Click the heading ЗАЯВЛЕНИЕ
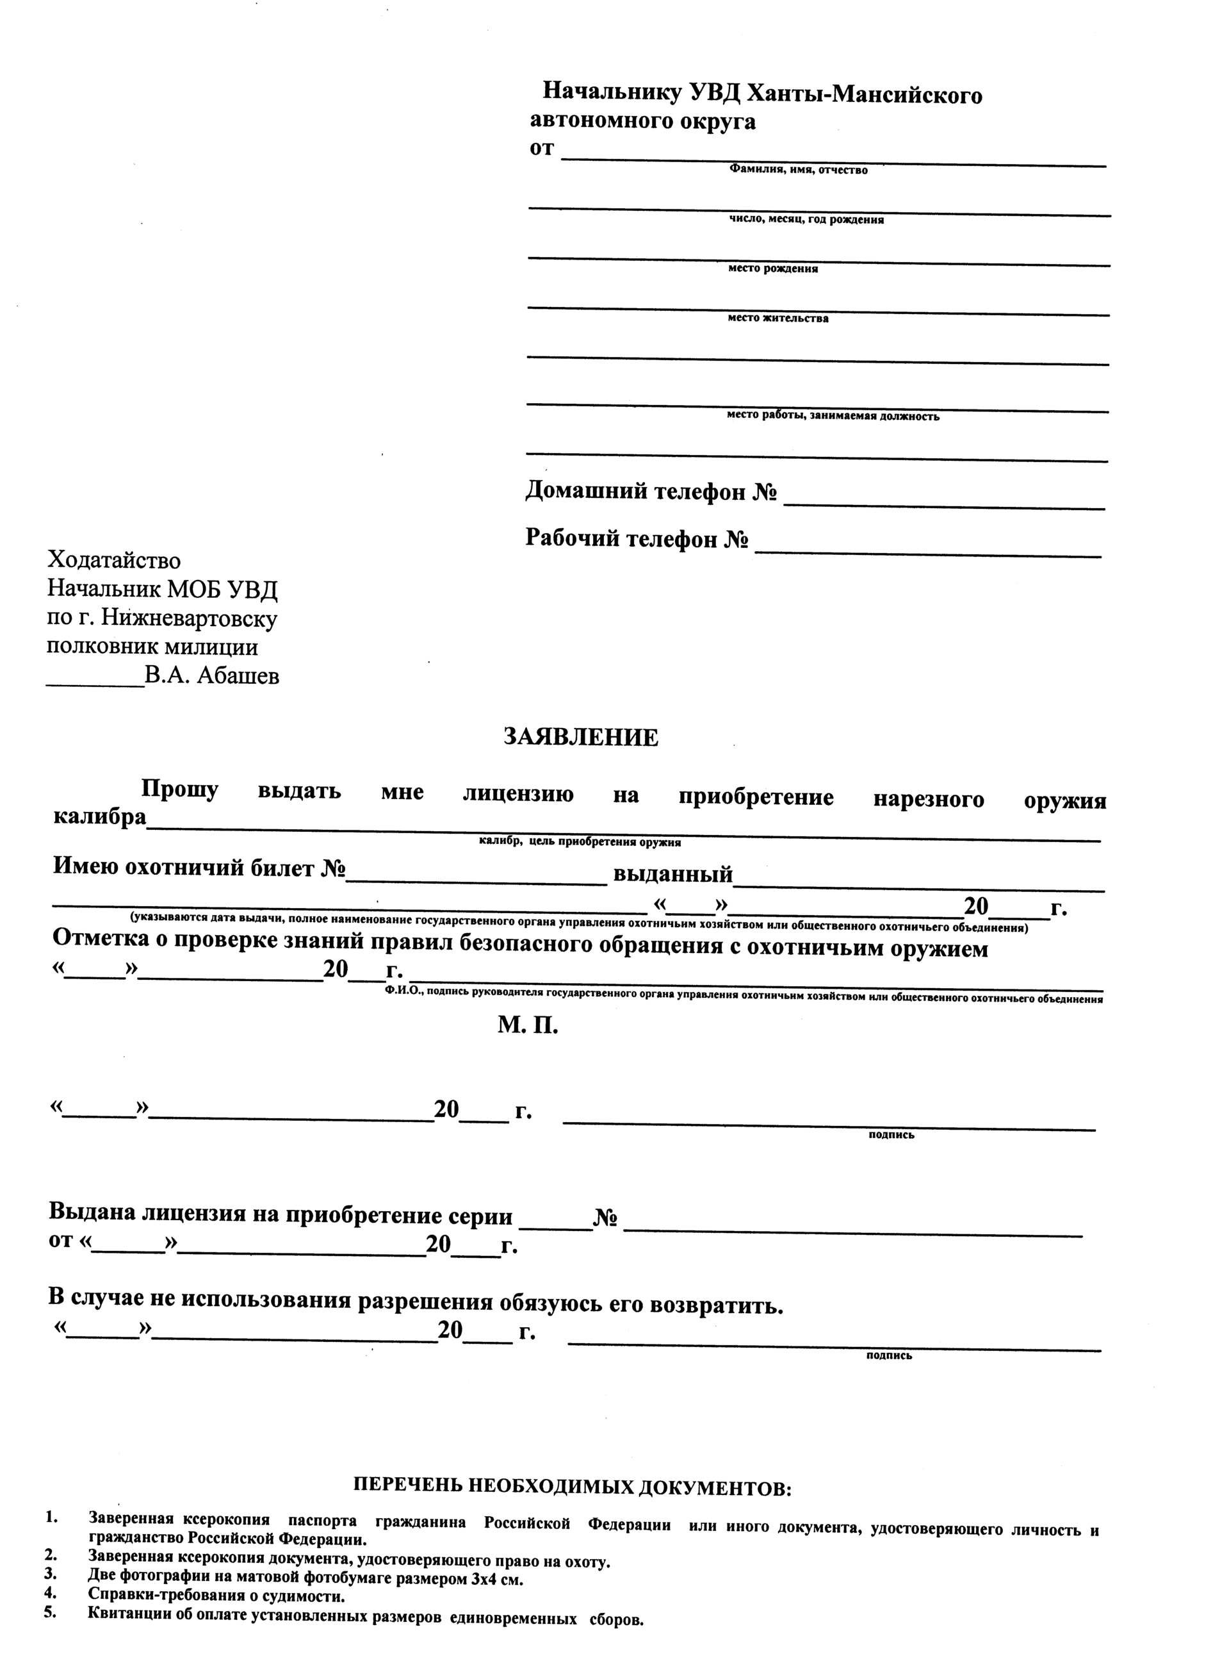tap(581, 738)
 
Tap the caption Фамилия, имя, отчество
tap(797, 170)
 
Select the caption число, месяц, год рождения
tap(806, 220)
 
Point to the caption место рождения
tap(773, 269)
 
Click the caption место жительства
tap(777, 318)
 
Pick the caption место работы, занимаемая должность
tap(833, 417)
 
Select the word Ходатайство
tap(114, 559)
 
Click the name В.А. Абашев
tap(212, 677)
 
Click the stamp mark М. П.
tap(528, 1025)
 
